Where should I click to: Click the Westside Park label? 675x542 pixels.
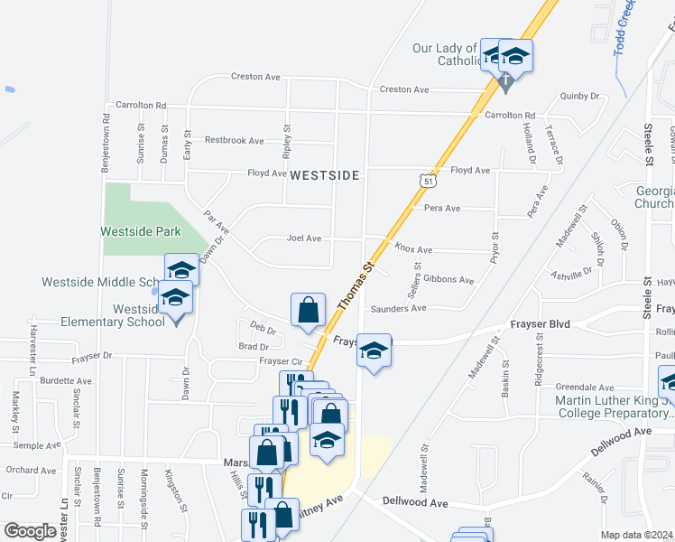coord(141,232)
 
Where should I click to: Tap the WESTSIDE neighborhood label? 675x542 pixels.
coord(324,174)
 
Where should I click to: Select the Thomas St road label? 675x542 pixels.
coord(356,288)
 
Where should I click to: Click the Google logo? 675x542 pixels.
coord(30,531)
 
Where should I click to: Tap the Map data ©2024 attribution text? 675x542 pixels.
coord(636,535)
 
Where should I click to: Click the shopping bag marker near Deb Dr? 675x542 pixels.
coord(309,310)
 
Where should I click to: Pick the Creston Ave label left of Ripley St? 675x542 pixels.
coord(254,77)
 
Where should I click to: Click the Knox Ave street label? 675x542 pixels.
coord(413,249)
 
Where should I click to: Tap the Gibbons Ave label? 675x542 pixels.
coord(448,280)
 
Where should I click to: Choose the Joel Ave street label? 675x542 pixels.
coord(304,238)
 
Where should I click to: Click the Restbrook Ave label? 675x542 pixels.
coord(234,140)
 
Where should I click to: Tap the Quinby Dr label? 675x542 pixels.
coord(579,96)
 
